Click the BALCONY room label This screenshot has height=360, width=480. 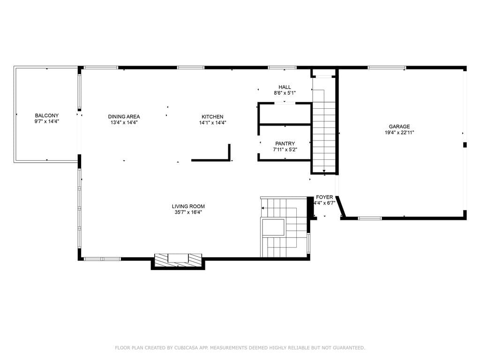point(47,115)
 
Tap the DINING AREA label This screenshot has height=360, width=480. point(124,117)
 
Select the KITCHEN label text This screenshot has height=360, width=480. point(212,117)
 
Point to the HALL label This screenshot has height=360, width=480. point(285,87)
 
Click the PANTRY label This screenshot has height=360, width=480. point(285,143)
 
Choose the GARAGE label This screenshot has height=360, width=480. point(399,127)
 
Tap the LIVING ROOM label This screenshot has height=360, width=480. point(188,206)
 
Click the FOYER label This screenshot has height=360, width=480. point(324,197)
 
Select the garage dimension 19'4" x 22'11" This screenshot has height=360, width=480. point(399,133)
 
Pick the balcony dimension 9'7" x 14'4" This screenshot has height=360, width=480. point(47,121)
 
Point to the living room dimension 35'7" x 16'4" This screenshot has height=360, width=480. point(188,212)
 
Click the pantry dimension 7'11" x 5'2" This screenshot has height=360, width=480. point(285,150)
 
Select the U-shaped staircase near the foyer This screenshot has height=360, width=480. point(284,227)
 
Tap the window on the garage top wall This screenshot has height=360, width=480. point(387,67)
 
